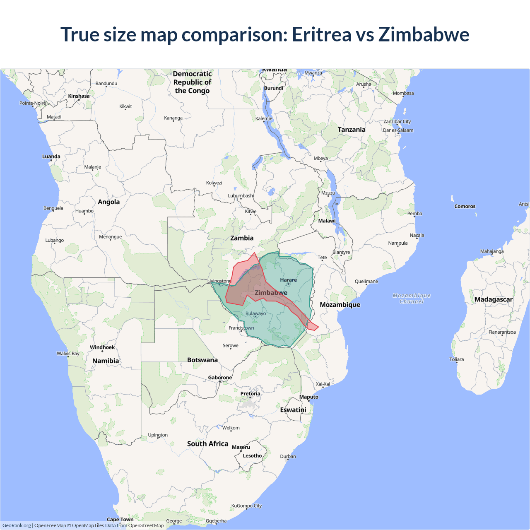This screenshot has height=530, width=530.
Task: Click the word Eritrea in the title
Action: [321, 34]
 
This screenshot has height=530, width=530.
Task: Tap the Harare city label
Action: [288, 280]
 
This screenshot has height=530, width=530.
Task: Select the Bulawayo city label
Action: [255, 313]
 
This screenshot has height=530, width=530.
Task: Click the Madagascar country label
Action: [493, 299]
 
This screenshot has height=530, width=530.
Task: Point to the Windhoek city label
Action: [102, 347]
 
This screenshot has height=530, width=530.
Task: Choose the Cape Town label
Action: [120, 519]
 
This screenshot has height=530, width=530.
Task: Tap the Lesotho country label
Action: [252, 455]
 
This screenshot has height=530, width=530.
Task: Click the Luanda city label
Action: [51, 157]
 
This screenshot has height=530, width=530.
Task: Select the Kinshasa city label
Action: [79, 96]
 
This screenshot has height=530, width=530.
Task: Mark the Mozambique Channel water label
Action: [412, 298]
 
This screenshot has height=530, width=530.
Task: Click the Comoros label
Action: [465, 206]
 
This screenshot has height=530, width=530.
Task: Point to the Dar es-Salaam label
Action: [398, 130]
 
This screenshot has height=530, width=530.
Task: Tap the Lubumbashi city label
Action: [241, 195]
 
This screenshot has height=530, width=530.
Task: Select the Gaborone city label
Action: [220, 378]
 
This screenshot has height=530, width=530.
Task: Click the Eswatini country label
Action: [293, 410]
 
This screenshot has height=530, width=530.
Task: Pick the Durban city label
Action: [288, 456]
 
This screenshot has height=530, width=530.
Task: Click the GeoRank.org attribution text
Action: [17, 525]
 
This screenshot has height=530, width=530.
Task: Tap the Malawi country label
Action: [327, 221]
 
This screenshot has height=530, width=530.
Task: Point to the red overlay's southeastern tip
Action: [318, 328]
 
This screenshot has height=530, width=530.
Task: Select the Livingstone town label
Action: [219, 281]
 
